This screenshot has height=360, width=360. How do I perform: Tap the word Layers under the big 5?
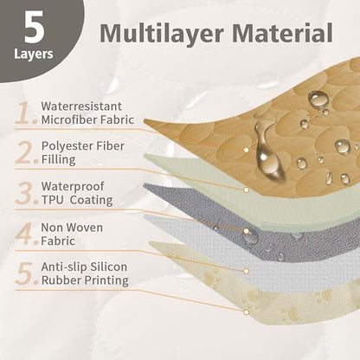coord(34,54)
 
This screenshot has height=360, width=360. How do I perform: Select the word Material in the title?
coord(282,33)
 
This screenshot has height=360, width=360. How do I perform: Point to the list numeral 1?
coord(26,112)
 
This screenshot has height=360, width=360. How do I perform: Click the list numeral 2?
coord(26,152)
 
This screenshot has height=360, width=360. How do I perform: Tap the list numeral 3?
coord(26,193)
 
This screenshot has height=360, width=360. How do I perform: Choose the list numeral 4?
coord(26,234)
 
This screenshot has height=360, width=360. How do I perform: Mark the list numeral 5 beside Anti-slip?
coord(26,273)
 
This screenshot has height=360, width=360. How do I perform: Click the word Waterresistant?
coord(81,106)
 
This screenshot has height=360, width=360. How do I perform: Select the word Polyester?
coord(68,146)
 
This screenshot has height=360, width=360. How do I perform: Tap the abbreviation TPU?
coord(52,200)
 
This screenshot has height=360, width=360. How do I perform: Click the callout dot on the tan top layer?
coord(246,150)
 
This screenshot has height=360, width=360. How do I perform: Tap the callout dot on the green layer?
coord(246,190)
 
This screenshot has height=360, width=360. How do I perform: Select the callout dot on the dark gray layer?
coord(246,231)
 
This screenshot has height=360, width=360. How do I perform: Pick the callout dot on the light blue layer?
coord(246,271)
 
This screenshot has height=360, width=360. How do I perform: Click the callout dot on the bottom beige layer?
coord(246,312)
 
